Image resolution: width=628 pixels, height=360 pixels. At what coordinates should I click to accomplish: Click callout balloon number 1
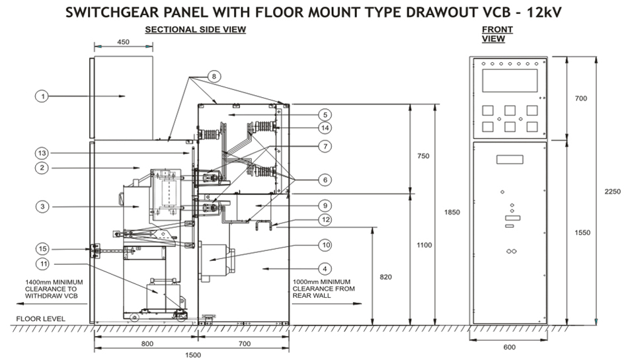(42, 96)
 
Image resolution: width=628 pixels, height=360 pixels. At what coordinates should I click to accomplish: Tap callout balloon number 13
(42, 153)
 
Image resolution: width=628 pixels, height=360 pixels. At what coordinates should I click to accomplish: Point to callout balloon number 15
(42, 248)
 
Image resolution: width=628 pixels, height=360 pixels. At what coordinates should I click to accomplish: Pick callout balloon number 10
(324, 245)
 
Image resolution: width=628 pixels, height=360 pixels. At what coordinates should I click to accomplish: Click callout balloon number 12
(324, 219)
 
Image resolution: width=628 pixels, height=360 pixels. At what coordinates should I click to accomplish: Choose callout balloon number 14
(324, 127)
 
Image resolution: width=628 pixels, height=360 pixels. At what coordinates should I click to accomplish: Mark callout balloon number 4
(324, 268)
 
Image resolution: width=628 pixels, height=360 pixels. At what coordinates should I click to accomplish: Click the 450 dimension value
(123, 42)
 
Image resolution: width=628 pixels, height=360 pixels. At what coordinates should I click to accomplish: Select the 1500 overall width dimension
(192, 355)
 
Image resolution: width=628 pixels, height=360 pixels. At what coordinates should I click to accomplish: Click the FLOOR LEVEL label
(40, 318)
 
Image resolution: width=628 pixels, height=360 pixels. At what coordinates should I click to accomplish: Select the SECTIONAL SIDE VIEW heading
(195, 30)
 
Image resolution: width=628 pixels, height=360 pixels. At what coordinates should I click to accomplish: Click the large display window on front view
(510, 81)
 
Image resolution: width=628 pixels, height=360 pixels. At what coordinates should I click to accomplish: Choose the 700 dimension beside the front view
(581, 98)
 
